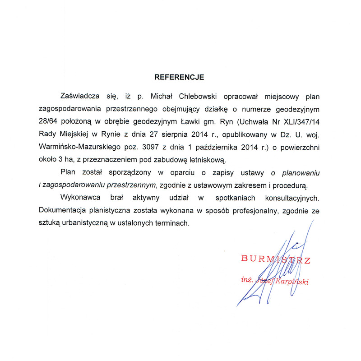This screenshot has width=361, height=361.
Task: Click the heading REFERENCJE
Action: click(179, 77)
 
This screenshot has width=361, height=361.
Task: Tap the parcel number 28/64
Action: click(49, 121)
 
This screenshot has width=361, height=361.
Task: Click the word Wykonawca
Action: click(80, 198)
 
